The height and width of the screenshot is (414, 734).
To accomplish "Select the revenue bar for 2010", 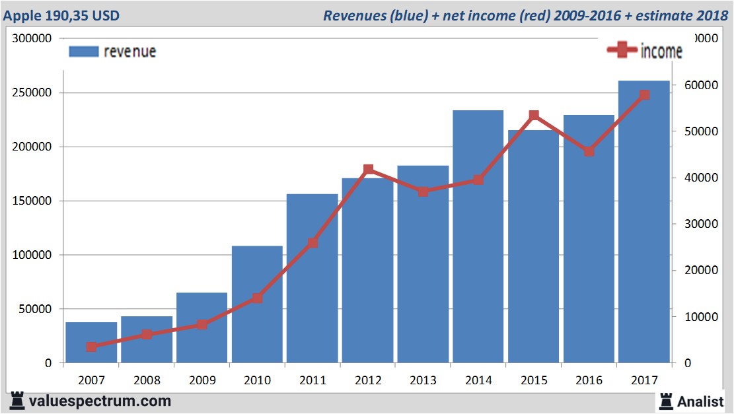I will point(257,304).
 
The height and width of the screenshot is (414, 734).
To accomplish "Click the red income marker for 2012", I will point(368,170).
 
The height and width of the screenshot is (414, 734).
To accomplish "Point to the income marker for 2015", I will point(534,116).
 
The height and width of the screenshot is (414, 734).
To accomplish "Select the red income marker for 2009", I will point(202,324).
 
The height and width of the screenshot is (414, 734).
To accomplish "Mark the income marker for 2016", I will point(589,151).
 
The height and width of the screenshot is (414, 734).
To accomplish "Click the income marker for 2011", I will point(312,243).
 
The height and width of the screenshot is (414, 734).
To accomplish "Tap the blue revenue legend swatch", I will point(83,52).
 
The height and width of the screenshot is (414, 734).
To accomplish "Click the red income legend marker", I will point(622,50).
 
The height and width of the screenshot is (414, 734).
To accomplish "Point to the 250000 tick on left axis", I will point(34,92).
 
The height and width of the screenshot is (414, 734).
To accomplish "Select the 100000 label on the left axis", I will point(34,255).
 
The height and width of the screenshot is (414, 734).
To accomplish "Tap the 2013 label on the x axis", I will point(423,380).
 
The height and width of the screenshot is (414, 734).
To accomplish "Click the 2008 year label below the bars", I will point(147,380).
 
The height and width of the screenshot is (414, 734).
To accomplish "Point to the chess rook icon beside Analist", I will point(666,401).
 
